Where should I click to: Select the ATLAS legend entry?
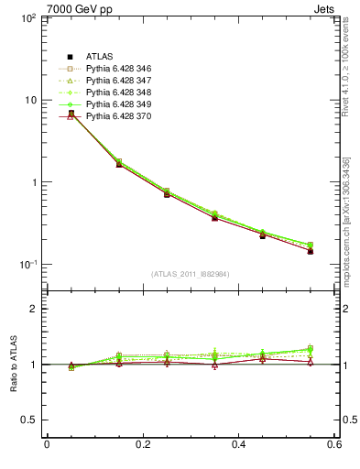pos(100,58)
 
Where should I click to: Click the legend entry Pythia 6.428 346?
pos(118,70)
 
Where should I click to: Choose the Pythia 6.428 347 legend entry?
pos(118,82)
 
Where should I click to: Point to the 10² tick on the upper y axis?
pos(27,17)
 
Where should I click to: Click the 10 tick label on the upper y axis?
pos(30,100)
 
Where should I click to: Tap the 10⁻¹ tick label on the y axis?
pos(27,264)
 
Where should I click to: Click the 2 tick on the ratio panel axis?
pos(34,309)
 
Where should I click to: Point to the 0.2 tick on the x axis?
pos(143,445)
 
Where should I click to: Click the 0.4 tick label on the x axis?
pos(239,445)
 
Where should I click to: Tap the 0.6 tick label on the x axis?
pos(334,445)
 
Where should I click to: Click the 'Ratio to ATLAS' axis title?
pos(11,365)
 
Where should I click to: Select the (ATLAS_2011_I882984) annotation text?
pos(191,274)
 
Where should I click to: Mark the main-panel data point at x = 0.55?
pos(311,250)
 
